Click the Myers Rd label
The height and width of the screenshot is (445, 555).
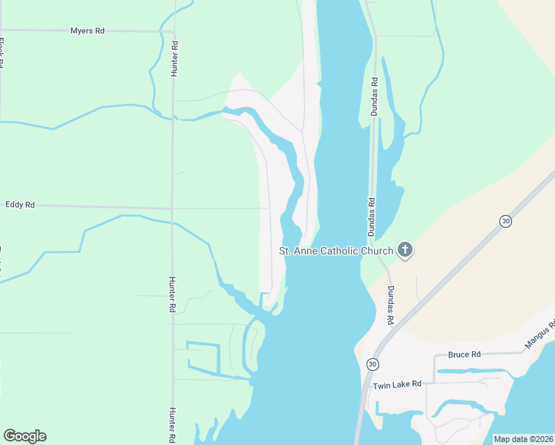coord(87,30)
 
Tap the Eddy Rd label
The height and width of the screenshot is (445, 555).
coord(20,204)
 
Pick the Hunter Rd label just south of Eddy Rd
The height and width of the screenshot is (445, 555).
coord(172,294)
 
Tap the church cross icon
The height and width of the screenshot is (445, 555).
coord(405,250)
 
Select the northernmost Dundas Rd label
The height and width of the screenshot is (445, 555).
coord(375,96)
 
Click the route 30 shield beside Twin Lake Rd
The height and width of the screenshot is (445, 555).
coord(372,364)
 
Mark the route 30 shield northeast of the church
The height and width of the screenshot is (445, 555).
coord(505,221)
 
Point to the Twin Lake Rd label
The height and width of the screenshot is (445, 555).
coord(397,384)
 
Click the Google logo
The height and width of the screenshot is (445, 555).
coord(24,436)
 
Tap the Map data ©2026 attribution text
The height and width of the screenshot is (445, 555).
coord(522,439)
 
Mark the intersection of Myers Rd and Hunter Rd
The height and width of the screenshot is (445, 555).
coord(172,32)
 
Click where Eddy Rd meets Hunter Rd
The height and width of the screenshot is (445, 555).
coord(172,208)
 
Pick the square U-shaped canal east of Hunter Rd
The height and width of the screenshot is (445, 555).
coord(203,356)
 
